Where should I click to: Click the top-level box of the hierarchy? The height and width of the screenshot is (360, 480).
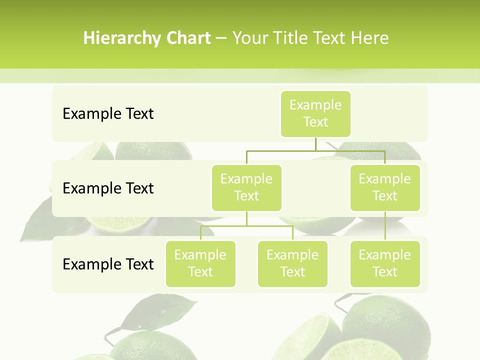(315, 113)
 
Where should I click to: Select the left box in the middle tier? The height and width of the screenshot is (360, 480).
(246, 187)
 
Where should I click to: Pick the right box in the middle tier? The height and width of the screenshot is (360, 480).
(385, 187)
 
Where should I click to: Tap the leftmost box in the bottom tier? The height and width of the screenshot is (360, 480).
(200, 263)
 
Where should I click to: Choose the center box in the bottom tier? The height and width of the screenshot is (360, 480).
(292, 263)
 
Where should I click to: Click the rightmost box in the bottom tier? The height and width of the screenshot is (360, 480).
(385, 263)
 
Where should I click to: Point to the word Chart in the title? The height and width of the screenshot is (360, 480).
(188, 38)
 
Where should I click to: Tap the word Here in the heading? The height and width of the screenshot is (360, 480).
(369, 38)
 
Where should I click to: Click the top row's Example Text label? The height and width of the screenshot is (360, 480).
(108, 114)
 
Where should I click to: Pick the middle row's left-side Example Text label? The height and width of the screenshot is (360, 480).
(108, 188)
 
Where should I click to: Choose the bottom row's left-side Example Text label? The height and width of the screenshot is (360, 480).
(108, 264)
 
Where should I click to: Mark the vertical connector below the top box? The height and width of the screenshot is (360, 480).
(315, 144)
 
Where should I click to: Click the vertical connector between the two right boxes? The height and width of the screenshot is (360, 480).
(385, 226)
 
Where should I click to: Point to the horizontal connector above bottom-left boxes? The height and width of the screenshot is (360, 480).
(246, 226)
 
